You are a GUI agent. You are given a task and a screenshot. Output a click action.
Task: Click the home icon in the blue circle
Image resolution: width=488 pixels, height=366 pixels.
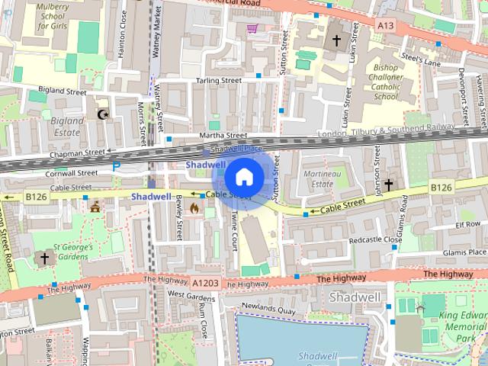click(244, 178)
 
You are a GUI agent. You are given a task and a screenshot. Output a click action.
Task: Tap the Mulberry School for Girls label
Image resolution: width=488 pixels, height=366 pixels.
click(53, 16)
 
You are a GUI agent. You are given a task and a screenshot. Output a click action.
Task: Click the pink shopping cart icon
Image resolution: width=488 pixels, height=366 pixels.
click(252, 29)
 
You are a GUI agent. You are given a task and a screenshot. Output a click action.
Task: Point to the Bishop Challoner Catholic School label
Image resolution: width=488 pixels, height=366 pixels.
click(386, 82)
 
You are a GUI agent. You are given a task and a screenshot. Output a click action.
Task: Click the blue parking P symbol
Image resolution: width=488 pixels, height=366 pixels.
click(117, 166)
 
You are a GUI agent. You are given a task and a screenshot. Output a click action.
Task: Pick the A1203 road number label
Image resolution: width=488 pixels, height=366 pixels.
click(207, 283)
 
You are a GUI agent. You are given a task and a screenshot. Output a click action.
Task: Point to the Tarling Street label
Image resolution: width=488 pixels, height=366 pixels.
click(218, 80)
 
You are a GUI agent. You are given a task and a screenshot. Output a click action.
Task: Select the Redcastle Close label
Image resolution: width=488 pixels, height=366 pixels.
click(375, 239)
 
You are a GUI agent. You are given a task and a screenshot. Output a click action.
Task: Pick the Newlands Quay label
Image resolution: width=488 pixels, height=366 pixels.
click(268, 310)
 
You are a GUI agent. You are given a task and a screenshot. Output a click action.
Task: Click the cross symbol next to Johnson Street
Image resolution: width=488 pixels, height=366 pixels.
click(388, 185)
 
